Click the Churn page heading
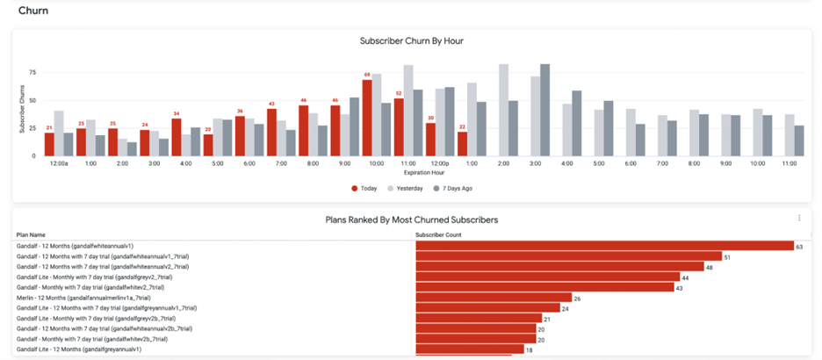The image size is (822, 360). click(x=33, y=11)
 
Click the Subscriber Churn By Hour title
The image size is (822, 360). click(x=411, y=41)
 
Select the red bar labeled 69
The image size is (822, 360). click(x=367, y=118)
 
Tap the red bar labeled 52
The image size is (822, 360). click(x=399, y=127)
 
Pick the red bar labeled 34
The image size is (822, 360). click(x=177, y=137)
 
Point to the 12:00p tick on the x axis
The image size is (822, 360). click(x=441, y=163)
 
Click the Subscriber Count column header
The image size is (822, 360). click(x=439, y=234)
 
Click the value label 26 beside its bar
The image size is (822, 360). click(x=577, y=299)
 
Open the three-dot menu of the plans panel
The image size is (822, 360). click(x=799, y=218)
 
